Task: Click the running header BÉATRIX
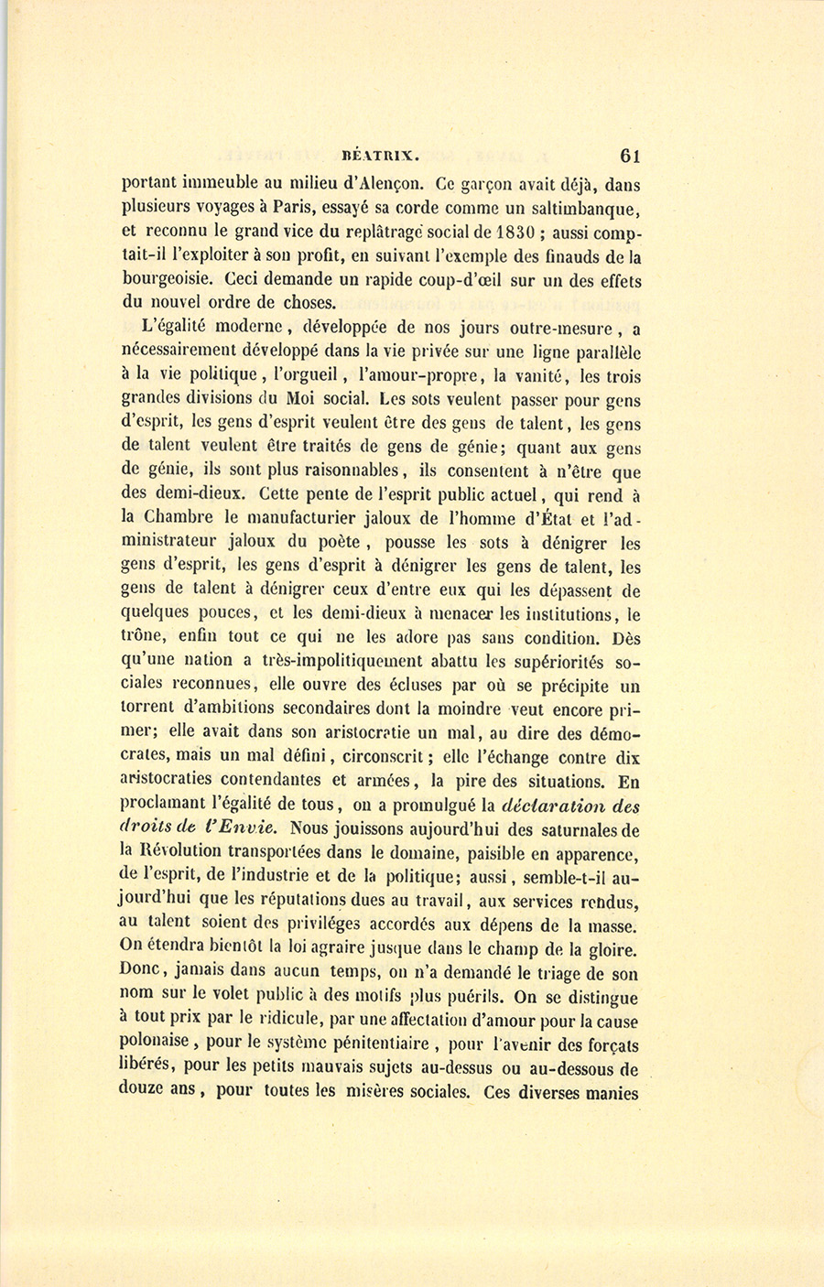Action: pyautogui.click(x=378, y=156)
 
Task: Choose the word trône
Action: pyautogui.click(x=145, y=637)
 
